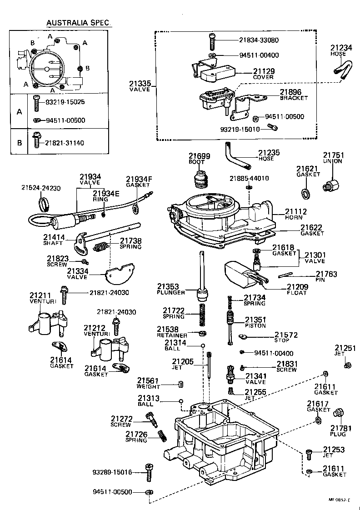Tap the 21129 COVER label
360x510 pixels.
[263, 74]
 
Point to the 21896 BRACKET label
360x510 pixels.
[290, 95]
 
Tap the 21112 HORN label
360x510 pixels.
[296, 214]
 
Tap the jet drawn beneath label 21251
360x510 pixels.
[348, 365]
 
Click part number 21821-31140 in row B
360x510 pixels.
[64, 143]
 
